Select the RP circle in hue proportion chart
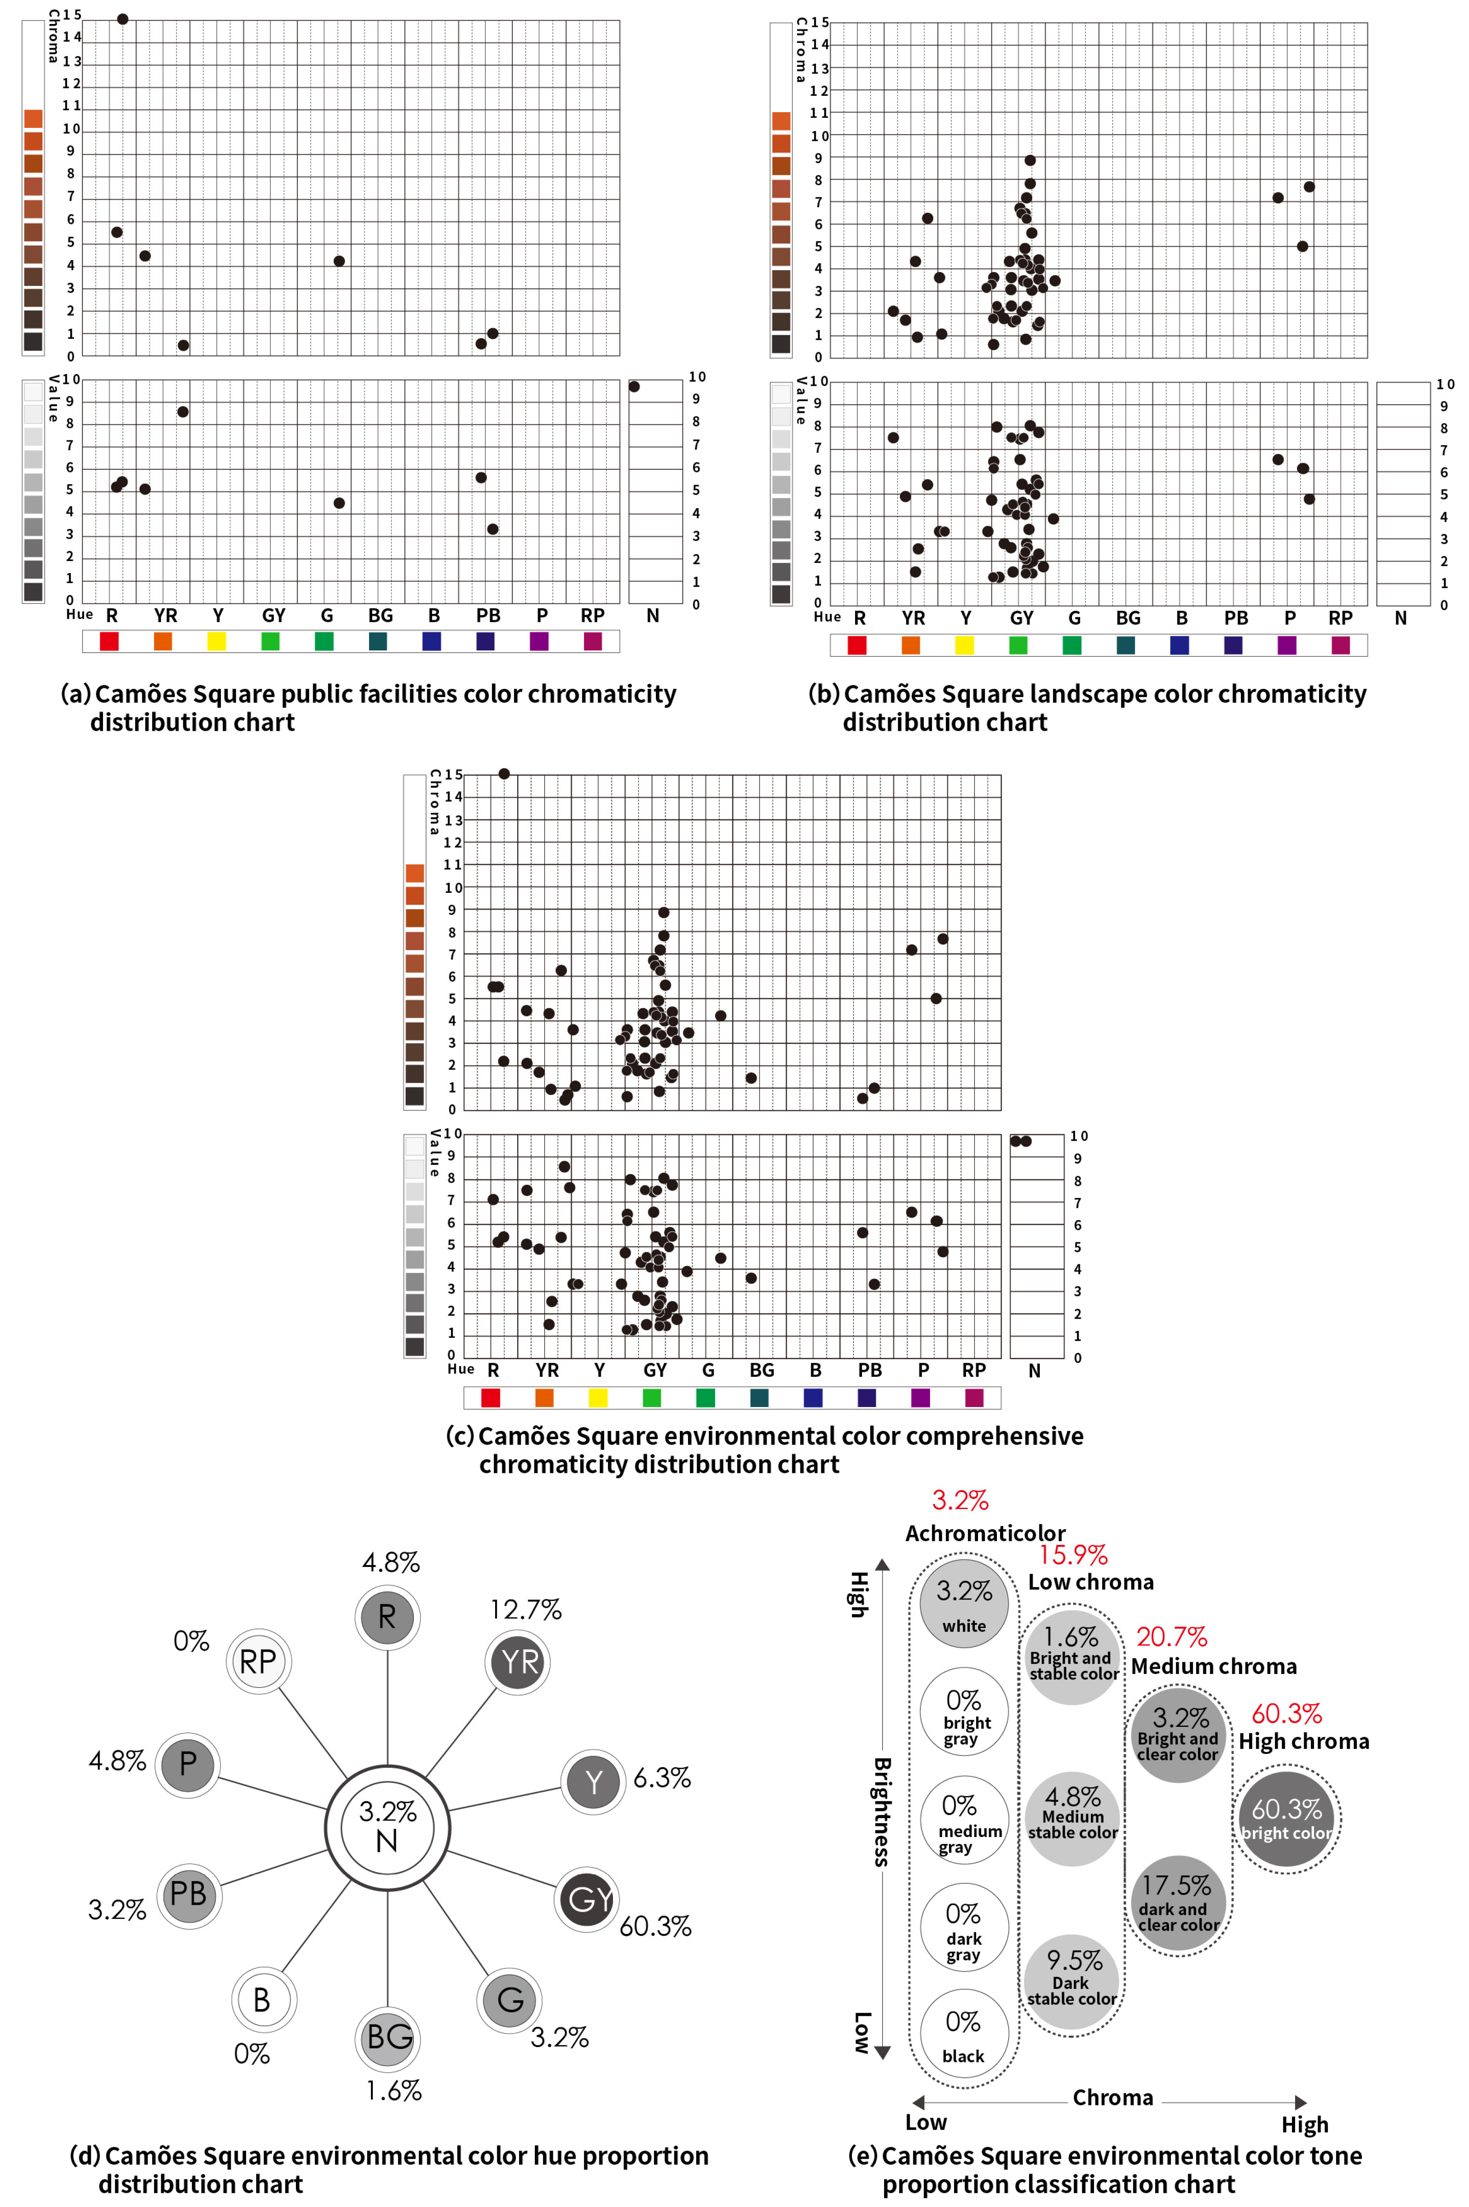click(258, 1661)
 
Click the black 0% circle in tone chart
click(963, 2034)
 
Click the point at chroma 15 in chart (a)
click(123, 19)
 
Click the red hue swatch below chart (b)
click(856, 645)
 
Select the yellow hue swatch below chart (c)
click(598, 1398)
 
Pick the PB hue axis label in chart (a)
click(488, 616)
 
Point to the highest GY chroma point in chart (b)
click(1029, 160)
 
